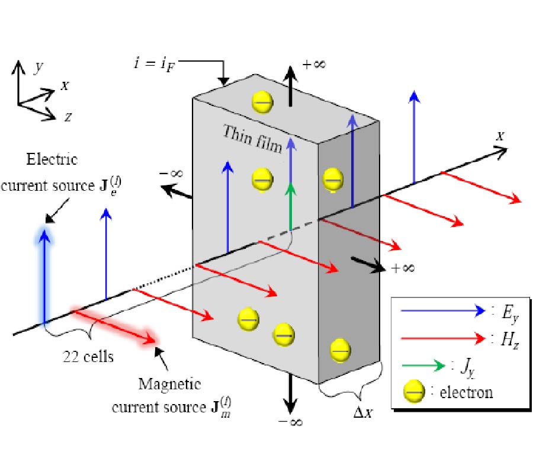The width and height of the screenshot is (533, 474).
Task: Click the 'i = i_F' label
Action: click(x=155, y=61)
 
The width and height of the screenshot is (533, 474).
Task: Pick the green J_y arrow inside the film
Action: click(x=290, y=207)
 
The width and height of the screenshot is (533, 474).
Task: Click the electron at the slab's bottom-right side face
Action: click(x=339, y=349)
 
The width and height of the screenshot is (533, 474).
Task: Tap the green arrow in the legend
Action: click(x=422, y=366)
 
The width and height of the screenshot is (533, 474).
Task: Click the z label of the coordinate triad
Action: click(x=68, y=117)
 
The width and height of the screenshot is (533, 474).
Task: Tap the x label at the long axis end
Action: click(x=500, y=136)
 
